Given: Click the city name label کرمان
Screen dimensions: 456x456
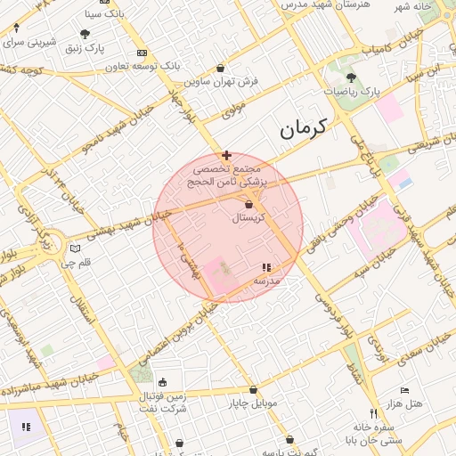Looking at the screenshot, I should tap(304, 128).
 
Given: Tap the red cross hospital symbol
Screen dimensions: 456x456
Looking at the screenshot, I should tap(226, 155).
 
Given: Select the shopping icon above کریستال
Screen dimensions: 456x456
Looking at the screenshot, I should tap(248, 205).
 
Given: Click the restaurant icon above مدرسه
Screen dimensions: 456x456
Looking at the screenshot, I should tap(265, 267).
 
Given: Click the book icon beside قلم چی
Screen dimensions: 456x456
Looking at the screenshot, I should tap(75, 248).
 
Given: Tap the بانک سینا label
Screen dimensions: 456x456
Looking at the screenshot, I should tap(104, 14).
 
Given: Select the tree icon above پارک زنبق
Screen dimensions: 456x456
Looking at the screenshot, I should tap(85, 34).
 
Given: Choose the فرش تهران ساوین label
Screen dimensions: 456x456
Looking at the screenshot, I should tap(222, 81).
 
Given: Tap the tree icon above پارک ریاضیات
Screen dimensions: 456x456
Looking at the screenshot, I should tap(350, 77).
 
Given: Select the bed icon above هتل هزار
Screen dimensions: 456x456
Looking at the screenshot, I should tap(404, 390).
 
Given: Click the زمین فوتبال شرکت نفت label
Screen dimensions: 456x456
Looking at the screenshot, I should tap(162, 402).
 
